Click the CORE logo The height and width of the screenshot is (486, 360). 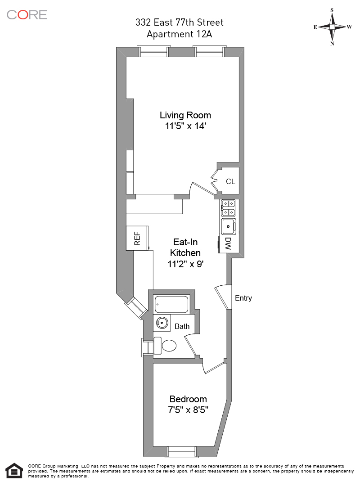click(27, 14)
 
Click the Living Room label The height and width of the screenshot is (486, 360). click(185, 115)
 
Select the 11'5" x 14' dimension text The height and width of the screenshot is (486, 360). click(185, 126)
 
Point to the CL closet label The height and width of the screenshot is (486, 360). click(230, 182)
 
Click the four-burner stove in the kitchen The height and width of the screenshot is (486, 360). click(228, 207)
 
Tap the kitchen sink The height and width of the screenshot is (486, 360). click(229, 226)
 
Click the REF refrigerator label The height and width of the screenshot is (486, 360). click(137, 238)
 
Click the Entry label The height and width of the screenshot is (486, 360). click(243, 298)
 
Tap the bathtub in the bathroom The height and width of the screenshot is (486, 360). click(171, 304)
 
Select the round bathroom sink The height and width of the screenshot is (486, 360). click(162, 323)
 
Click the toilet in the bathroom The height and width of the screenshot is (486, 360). click(166, 346)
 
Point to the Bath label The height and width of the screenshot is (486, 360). click(182, 326)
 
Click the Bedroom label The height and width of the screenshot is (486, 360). click(188, 399)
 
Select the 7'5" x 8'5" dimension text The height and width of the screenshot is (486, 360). click(188, 410)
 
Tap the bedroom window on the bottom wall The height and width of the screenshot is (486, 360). click(182, 452)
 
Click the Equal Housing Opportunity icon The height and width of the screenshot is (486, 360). click(14, 471)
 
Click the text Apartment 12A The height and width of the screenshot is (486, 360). click(179, 34)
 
